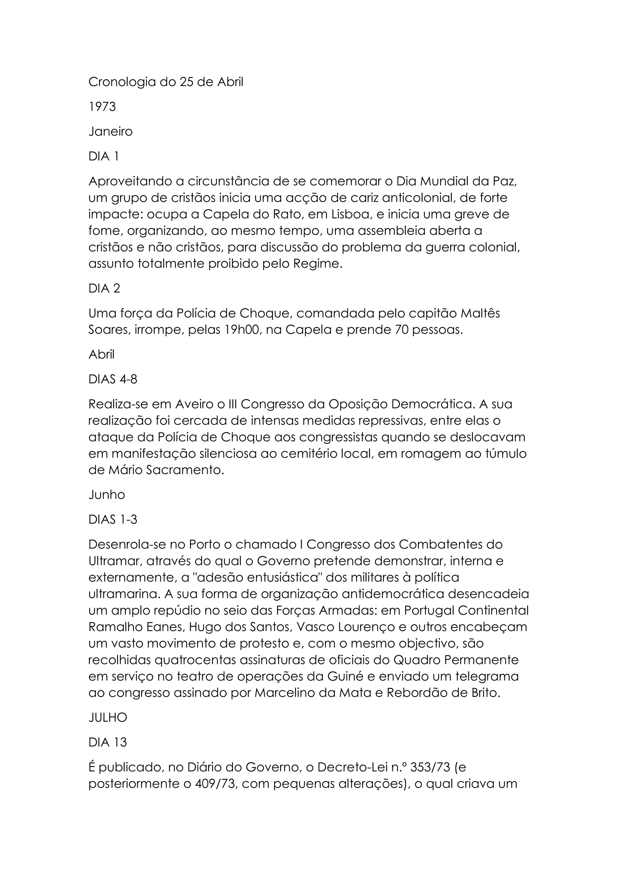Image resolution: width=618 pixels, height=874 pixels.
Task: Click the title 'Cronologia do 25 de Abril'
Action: coord(166,82)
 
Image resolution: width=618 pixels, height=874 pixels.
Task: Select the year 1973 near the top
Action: coord(102,107)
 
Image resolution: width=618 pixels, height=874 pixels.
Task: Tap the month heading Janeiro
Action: coord(110,132)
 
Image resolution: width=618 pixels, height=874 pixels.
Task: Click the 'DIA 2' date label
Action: coord(104,289)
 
